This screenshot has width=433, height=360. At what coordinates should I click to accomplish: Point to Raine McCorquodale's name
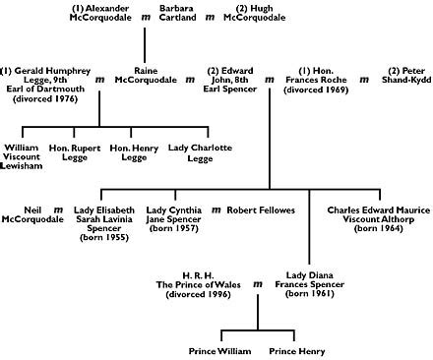click(155, 78)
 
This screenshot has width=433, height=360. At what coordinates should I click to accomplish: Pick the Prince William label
click(219, 349)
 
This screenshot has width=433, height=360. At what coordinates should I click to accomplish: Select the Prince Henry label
click(296, 349)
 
